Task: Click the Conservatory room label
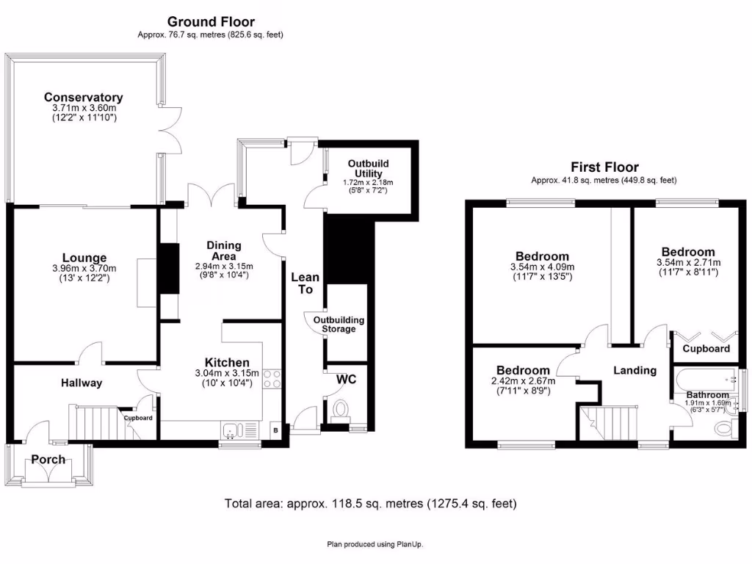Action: (x=83, y=97)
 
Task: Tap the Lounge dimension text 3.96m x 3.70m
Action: (x=84, y=269)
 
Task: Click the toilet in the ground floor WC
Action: (x=341, y=410)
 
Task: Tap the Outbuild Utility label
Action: (x=368, y=168)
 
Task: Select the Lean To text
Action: (x=305, y=283)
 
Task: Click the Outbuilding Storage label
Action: (x=339, y=325)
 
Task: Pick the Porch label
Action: (x=48, y=460)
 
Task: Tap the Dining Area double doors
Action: (x=202, y=195)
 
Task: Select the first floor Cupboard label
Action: (x=706, y=349)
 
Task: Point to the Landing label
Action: (x=634, y=370)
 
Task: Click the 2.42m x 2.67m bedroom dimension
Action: (x=522, y=380)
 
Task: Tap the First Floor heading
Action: (x=604, y=167)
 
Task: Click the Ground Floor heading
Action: (x=211, y=22)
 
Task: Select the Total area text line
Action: (x=370, y=504)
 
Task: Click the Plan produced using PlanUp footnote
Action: (x=375, y=544)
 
